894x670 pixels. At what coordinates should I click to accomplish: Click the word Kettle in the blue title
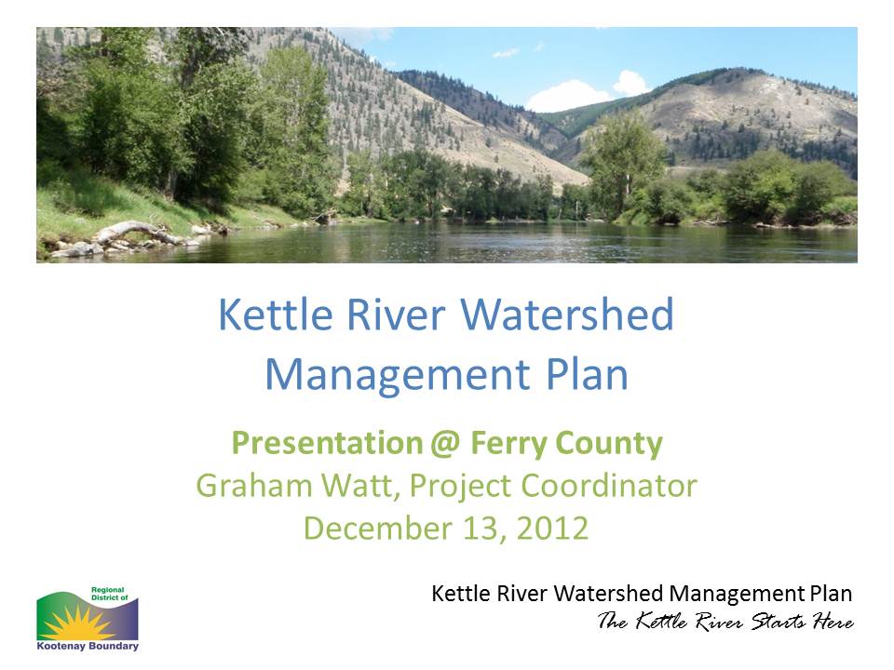point(276,314)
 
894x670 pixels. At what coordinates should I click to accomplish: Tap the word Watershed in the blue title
point(567,314)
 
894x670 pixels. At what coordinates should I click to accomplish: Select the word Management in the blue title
point(398,375)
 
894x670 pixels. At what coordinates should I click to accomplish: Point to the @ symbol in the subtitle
point(446,444)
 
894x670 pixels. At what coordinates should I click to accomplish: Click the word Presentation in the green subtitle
point(327,443)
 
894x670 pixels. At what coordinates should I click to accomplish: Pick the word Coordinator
point(609,486)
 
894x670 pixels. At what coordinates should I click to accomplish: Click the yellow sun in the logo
point(78,623)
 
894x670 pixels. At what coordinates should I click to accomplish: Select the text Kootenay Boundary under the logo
point(88,646)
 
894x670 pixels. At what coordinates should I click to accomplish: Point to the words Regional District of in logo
point(110,594)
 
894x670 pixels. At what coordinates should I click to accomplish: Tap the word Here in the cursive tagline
point(833,621)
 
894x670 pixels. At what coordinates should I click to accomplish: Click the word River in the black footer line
point(521,594)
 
